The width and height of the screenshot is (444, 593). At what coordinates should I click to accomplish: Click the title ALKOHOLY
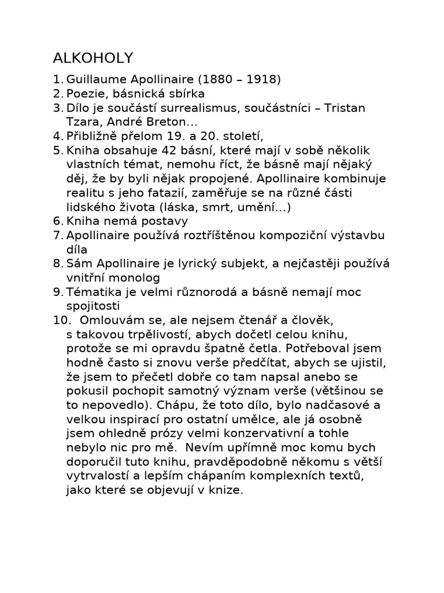coord(92,58)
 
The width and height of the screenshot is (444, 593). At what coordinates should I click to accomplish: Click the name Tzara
coord(84,122)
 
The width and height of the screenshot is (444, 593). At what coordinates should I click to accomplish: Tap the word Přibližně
coord(94,137)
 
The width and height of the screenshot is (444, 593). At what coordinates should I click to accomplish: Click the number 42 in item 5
coord(175,151)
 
